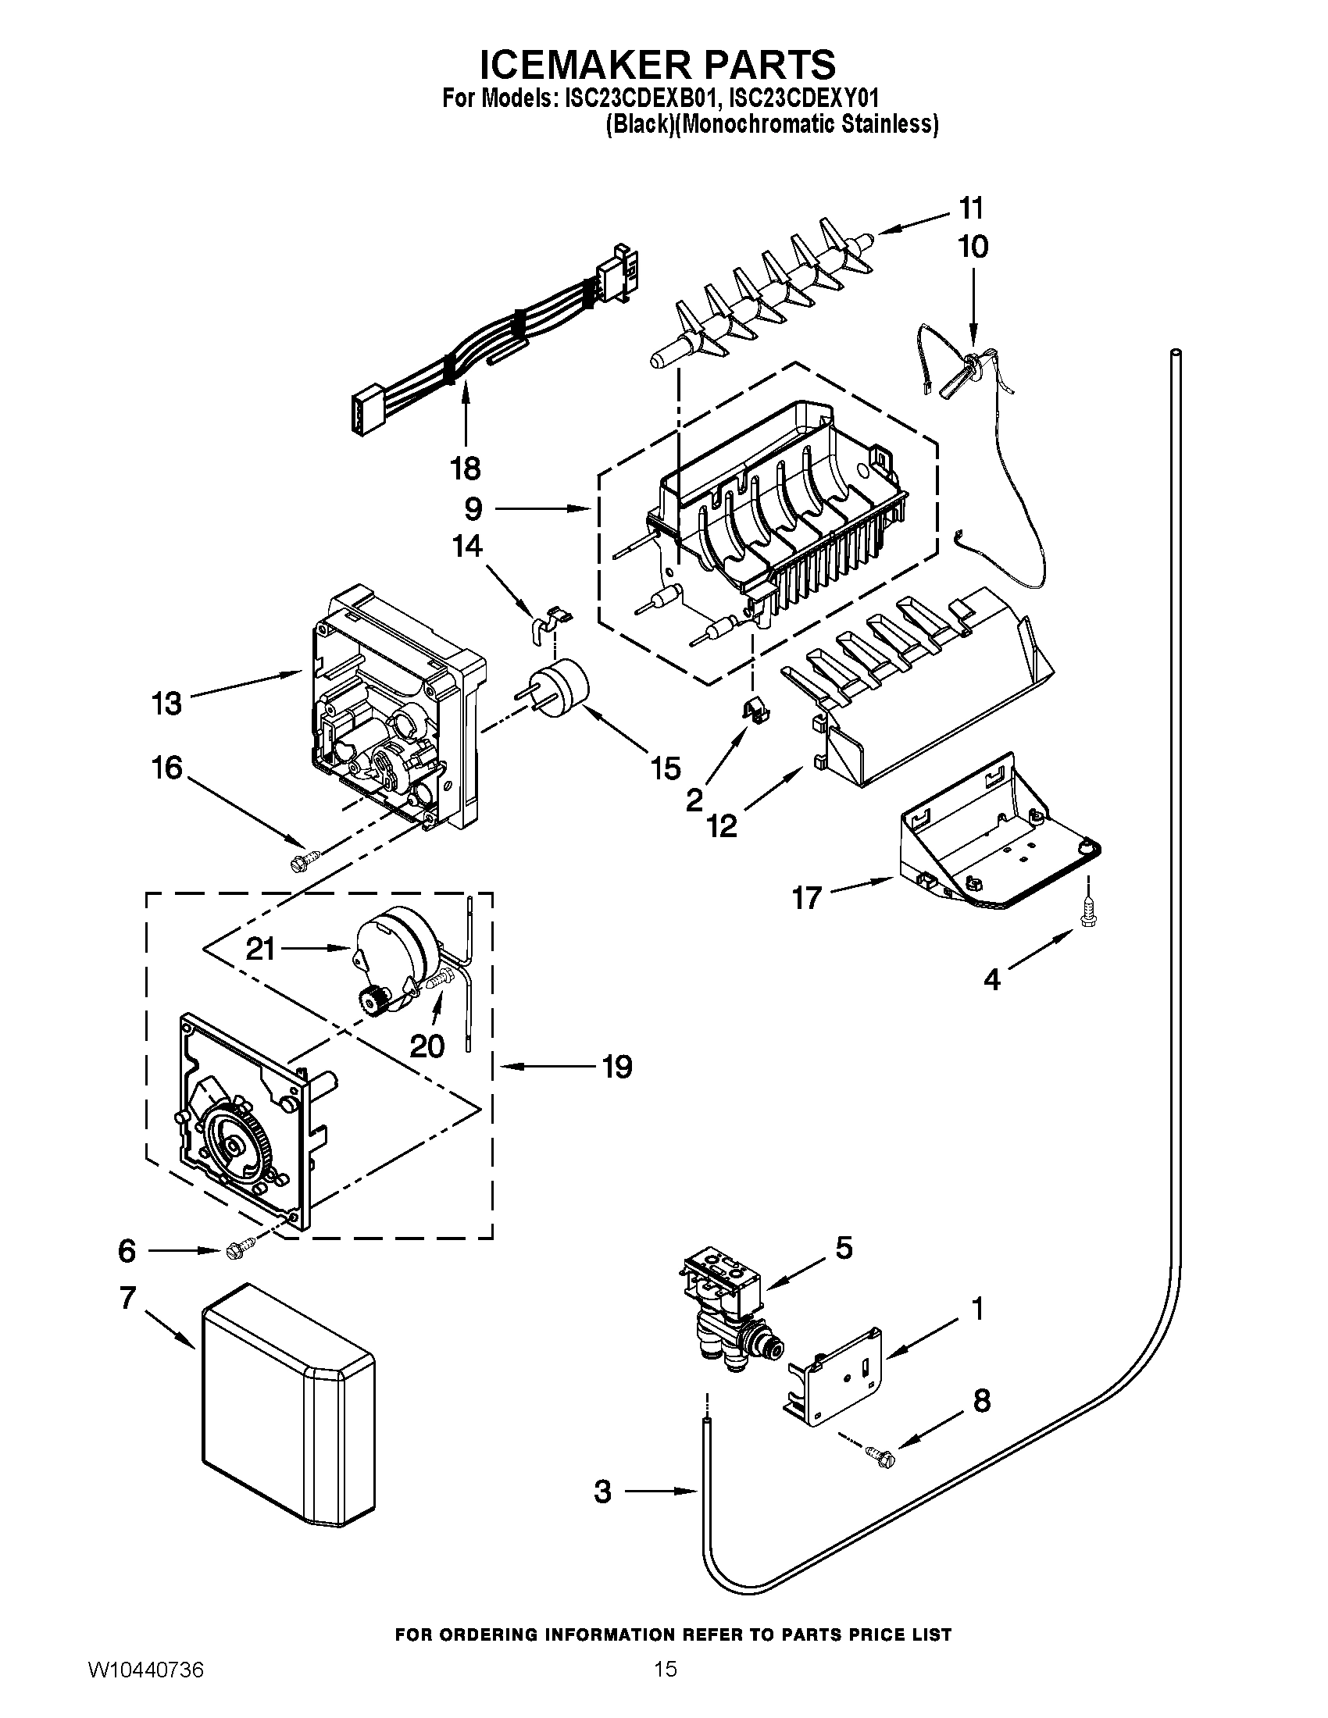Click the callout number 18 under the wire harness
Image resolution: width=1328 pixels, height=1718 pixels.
point(465,469)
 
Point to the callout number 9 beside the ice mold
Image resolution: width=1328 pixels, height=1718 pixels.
point(473,509)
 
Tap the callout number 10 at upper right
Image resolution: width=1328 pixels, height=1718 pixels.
point(973,247)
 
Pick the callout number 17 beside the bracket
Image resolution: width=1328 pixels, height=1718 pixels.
point(807,897)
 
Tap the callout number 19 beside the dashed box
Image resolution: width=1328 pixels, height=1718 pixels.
point(617,1068)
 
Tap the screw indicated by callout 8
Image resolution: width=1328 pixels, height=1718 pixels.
point(880,1455)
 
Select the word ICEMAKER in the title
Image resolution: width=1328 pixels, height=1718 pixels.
point(585,65)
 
